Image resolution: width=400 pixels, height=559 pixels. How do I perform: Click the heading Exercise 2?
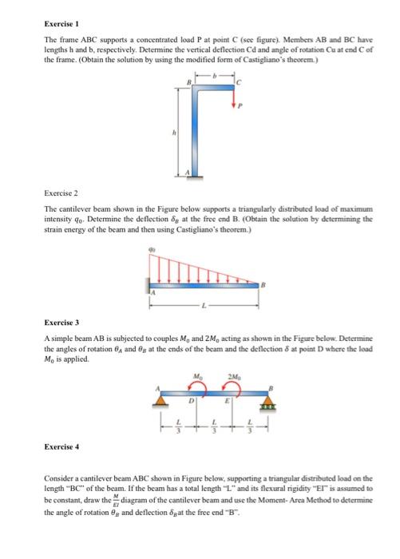coord(60,193)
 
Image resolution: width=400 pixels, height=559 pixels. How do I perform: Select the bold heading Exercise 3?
coord(61,343)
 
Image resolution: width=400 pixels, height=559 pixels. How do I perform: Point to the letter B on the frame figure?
coord(188,82)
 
